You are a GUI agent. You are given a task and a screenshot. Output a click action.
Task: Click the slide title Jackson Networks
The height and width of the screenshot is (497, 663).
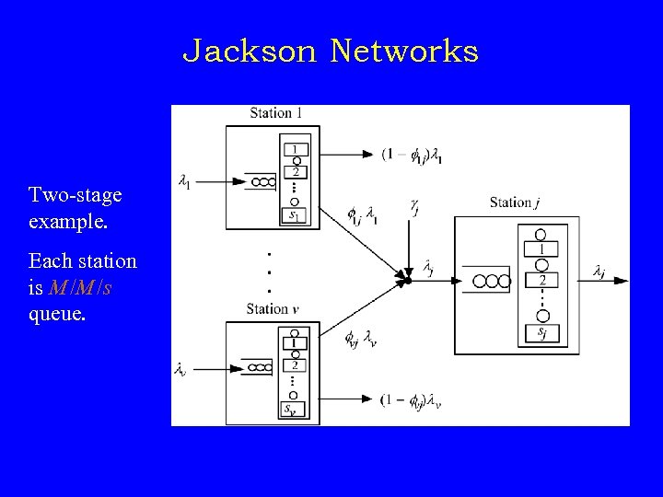click(x=331, y=52)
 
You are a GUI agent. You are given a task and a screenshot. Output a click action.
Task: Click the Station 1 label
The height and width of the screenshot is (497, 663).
click(x=276, y=113)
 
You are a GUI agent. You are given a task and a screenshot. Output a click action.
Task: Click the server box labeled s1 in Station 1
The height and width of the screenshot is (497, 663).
click(x=296, y=215)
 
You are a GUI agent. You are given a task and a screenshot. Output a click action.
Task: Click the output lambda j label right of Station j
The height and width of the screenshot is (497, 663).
click(x=599, y=271)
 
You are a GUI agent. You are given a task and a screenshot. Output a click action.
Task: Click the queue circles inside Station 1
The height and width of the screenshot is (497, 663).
click(x=263, y=181)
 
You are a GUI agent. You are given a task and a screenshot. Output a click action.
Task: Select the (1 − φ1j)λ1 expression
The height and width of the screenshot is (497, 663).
click(x=413, y=155)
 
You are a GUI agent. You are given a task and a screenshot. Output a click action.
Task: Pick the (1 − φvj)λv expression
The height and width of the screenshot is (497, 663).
click(x=412, y=399)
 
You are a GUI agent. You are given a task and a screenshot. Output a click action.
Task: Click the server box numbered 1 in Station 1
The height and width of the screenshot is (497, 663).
click(x=296, y=148)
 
